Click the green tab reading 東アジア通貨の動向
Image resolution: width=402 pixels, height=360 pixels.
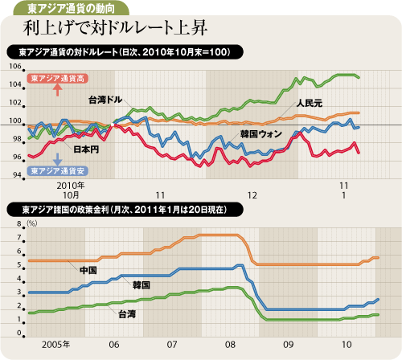click(71, 8)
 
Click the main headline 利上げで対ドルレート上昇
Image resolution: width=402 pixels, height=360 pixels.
click(115, 28)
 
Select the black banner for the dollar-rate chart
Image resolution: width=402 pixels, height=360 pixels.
click(125, 52)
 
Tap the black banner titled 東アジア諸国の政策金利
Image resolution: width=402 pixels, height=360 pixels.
click(125, 210)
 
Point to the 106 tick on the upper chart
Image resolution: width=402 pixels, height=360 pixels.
click(15, 66)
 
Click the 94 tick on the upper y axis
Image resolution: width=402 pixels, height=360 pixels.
click(17, 175)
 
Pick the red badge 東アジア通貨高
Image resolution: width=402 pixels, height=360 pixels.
click(58, 78)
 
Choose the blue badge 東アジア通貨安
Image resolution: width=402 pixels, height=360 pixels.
click(58, 170)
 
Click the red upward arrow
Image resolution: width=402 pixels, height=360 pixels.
click(58, 90)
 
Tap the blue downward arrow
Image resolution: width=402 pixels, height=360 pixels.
click(58, 159)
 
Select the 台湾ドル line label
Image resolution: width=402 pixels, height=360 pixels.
click(105, 100)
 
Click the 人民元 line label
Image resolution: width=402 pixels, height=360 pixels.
click(310, 104)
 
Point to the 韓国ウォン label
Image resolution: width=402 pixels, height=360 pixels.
click(261, 133)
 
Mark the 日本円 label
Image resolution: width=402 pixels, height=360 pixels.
click(86, 149)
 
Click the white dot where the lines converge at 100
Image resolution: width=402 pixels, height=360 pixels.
click(113, 125)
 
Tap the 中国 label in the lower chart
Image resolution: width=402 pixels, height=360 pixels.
click(88, 270)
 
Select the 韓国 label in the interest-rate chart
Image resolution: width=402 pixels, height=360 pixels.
click(142, 285)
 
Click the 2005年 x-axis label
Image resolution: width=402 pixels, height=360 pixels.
click(55, 345)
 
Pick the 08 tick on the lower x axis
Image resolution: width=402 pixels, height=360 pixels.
click(230, 345)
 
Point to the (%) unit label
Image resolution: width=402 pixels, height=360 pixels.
click(32, 223)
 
